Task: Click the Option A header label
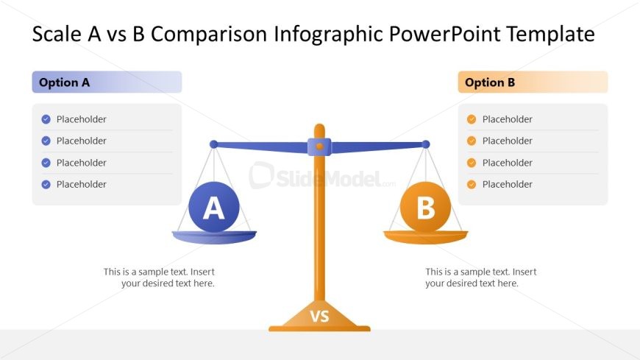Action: [x=65, y=82]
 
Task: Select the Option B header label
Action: [x=490, y=82]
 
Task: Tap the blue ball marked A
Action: [x=214, y=207]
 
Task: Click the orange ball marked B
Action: [x=425, y=207]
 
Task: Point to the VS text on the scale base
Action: [x=319, y=317]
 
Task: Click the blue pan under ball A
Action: [x=214, y=237]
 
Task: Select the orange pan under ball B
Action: [x=426, y=237]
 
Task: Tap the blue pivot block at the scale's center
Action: [x=319, y=147]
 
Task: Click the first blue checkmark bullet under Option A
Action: [x=46, y=119]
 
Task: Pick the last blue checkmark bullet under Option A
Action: [x=46, y=184]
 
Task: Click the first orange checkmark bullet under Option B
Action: [x=472, y=119]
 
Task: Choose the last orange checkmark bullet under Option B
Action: [x=472, y=184]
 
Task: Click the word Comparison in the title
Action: [x=209, y=35]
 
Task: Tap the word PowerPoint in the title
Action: [x=444, y=35]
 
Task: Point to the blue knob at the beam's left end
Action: [x=213, y=144]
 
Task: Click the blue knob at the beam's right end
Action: [x=426, y=144]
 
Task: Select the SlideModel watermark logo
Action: [x=322, y=176]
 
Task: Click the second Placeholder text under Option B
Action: [x=508, y=141]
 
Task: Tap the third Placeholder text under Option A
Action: [x=81, y=163]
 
